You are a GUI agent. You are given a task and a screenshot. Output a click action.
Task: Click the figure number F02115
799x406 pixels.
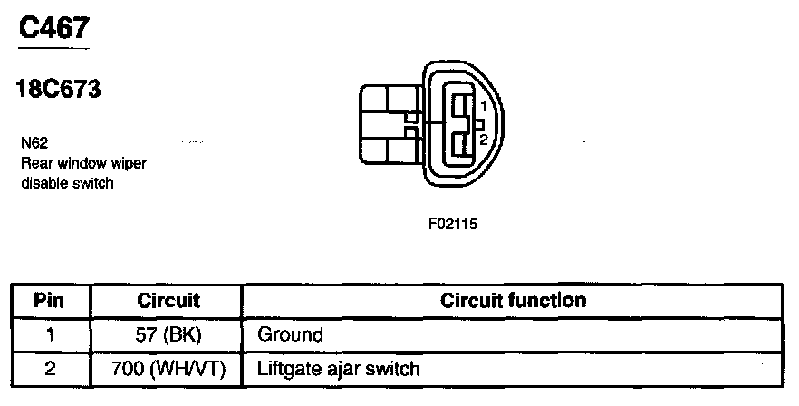(452, 224)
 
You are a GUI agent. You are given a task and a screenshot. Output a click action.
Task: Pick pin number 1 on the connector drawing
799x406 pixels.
(484, 108)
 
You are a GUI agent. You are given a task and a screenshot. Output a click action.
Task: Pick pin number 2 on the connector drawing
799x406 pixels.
(484, 139)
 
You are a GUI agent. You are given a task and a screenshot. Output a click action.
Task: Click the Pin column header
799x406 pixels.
(49, 300)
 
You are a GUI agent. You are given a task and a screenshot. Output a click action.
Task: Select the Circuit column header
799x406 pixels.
(168, 300)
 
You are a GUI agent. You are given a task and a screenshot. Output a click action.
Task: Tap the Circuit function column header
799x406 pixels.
(513, 300)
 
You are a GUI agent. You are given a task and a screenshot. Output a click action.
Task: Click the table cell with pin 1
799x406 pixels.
(49, 334)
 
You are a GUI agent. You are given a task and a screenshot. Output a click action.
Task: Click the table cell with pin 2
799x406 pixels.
(49, 369)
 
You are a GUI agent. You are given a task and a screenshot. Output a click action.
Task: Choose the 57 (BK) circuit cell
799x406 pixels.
(168, 334)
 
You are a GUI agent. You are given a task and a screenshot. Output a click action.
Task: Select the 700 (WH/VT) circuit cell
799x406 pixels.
(168, 369)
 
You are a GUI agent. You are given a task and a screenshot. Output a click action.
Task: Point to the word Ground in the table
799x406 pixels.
(290, 334)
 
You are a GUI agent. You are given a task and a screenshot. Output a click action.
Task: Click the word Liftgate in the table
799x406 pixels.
(287, 369)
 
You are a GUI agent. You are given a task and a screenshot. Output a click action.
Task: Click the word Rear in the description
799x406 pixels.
(34, 164)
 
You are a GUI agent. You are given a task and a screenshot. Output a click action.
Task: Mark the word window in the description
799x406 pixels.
(79, 164)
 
